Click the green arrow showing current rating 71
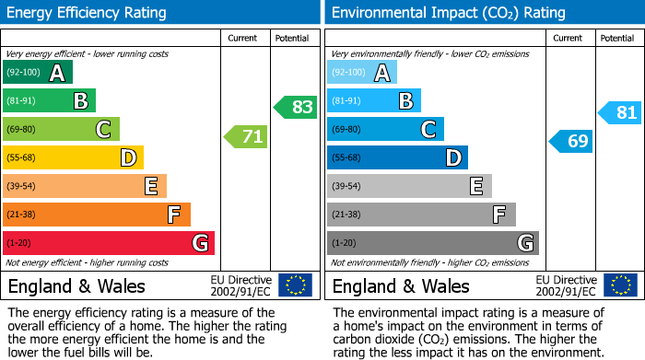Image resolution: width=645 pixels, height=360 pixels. point(246,138)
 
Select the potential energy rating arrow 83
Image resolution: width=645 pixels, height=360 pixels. point(296,107)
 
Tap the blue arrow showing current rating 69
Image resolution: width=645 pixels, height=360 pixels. point(571,141)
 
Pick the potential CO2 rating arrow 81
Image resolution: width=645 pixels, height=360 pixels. point(620,113)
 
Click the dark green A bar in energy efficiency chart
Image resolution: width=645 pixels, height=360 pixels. point(38,73)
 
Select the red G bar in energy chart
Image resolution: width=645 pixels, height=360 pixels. point(109,243)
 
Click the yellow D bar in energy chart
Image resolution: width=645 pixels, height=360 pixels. point(74,158)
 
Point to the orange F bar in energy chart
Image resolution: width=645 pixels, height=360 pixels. point(97,215)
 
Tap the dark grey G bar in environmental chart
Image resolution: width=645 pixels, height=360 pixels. point(432,243)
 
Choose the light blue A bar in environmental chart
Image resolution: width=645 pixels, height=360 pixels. point(362,73)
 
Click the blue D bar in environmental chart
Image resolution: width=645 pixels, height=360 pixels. point(397,158)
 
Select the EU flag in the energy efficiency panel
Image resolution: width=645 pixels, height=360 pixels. point(295,285)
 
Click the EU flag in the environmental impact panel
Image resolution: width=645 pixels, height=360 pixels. point(619,285)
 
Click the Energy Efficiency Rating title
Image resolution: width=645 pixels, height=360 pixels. point(88,13)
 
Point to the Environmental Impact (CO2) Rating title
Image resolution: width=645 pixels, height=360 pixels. point(447,13)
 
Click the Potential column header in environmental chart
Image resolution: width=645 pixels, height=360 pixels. point(616,38)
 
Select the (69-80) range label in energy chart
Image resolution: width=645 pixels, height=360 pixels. point(22,130)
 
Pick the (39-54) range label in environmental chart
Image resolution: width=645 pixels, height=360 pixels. point(347,187)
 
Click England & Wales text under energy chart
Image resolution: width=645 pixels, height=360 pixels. point(76,286)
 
